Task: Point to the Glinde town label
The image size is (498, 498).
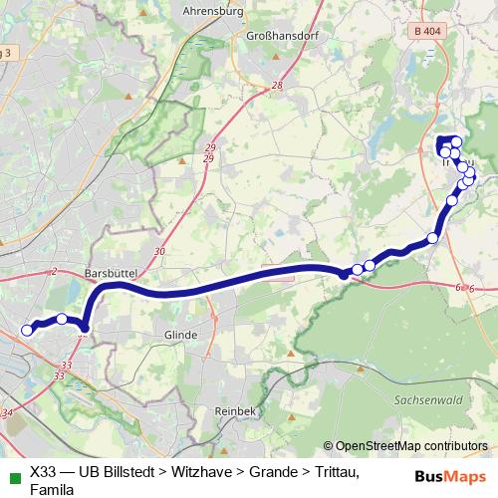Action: (178, 336)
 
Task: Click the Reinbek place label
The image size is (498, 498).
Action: (236, 410)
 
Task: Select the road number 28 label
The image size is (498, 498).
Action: (276, 87)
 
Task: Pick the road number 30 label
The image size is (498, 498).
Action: (160, 252)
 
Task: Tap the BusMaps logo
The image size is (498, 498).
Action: (449, 477)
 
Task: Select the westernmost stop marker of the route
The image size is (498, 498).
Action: (27, 331)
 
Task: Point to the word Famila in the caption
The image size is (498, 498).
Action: (52, 489)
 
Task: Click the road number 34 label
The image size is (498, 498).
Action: (8, 412)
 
